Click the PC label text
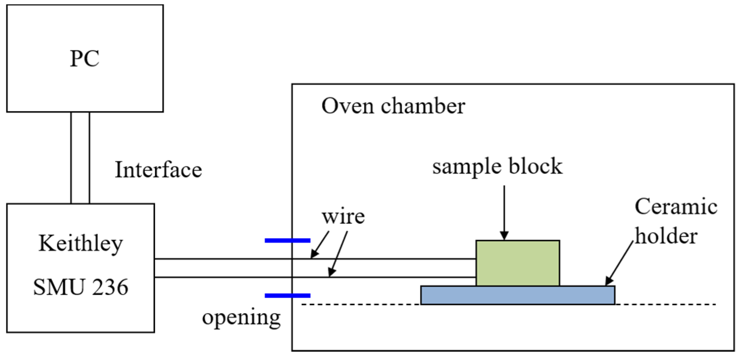85,58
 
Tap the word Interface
158,170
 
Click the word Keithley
81,243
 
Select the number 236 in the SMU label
110,287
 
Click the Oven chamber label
393,106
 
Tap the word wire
343,217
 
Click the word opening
241,317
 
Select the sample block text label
497,167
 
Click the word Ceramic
676,207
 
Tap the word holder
666,236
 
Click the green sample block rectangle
517,263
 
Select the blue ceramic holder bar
517,295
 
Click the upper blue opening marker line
287,240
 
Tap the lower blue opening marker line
287,296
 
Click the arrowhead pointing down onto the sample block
504,235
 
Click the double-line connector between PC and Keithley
80,158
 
